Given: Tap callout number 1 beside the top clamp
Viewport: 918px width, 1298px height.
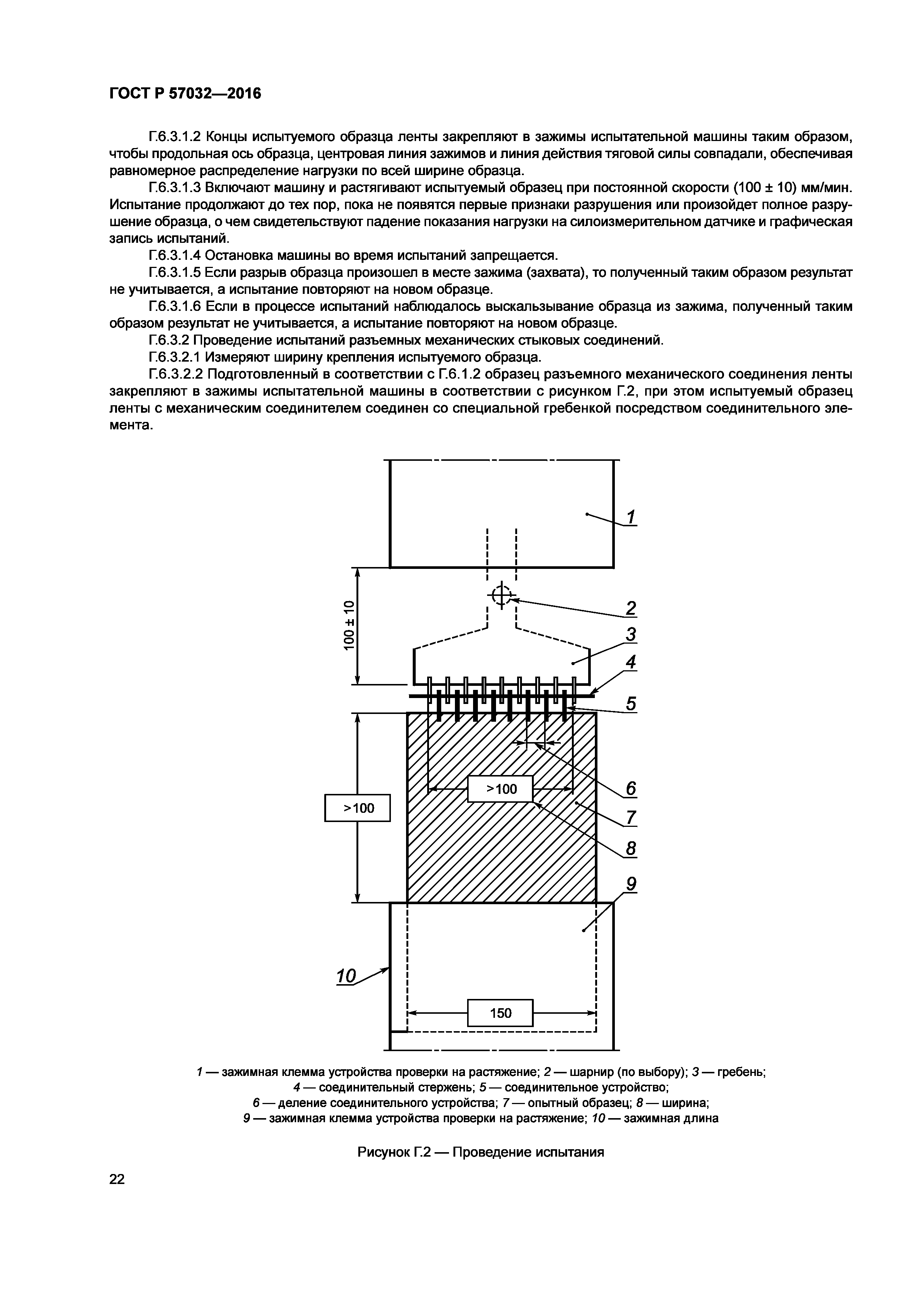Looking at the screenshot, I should click(631, 517).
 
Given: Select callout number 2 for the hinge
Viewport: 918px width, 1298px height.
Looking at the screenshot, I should click(631, 608).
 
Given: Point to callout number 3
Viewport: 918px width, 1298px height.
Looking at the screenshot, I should click(631, 635).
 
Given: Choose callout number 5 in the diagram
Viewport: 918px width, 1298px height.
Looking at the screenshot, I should click(631, 704).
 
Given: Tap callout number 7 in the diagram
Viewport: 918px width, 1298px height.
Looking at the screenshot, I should click(631, 818).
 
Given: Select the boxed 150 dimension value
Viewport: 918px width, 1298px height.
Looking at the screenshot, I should click(500, 1013).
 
